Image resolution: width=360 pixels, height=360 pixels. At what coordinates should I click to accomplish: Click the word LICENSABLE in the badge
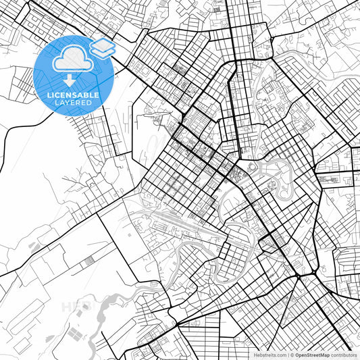[73, 95]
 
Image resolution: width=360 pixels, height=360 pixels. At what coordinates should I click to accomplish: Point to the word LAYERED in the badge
[73, 103]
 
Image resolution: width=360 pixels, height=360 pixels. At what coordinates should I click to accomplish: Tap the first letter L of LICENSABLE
[49, 95]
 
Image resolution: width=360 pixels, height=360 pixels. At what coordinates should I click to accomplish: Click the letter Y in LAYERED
[66, 103]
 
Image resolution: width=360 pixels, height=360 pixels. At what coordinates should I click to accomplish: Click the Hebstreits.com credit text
[269, 355]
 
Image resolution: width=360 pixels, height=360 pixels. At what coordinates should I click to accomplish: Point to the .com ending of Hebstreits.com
[280, 355]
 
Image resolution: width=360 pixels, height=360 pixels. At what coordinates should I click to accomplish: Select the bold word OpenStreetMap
[313, 355]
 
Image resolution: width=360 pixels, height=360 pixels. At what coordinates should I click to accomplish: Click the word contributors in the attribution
[344, 355]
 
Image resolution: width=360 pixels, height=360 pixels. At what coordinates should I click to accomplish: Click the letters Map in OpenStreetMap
[324, 355]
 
